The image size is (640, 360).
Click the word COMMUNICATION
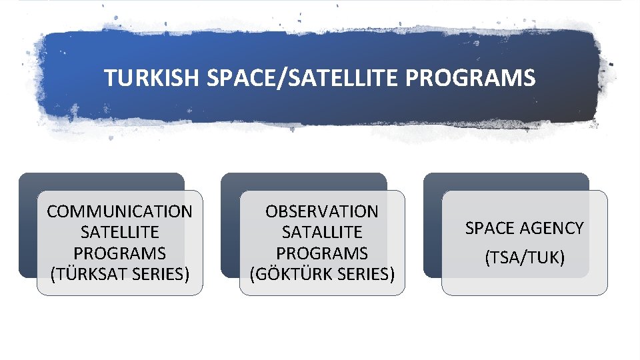click(x=119, y=212)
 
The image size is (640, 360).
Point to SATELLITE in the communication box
click(x=119, y=233)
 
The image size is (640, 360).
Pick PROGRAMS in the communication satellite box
click(x=119, y=253)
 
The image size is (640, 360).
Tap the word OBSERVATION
click(x=321, y=212)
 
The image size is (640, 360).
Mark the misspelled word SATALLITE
click(x=321, y=233)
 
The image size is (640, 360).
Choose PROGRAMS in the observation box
click(x=321, y=253)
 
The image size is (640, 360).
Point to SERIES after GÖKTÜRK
click(x=364, y=274)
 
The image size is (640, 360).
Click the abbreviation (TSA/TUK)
click(x=524, y=257)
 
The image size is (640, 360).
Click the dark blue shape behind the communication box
click(x=100, y=182)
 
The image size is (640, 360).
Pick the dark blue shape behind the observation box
click(x=303, y=182)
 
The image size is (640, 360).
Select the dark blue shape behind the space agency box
click(x=507, y=182)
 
